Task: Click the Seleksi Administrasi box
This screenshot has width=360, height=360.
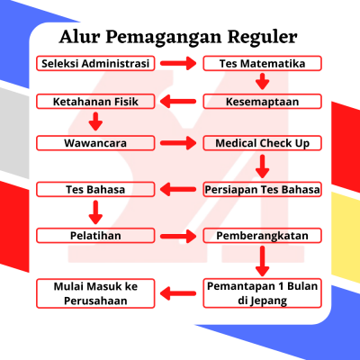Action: coord(95,63)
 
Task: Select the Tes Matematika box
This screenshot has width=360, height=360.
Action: coord(262,63)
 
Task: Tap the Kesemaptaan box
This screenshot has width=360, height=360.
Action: coord(262,102)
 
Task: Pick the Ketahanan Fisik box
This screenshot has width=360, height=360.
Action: coord(95,102)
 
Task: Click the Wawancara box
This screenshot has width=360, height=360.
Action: coord(95,143)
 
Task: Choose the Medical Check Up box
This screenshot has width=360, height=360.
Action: coord(262,143)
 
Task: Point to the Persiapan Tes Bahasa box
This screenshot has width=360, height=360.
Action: coord(262,189)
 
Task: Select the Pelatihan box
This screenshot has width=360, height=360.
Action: coord(95,236)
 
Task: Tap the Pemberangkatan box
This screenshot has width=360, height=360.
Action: coord(262,236)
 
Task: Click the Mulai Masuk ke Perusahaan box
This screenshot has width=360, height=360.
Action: coord(95,293)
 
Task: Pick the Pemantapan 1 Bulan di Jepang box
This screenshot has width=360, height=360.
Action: coord(262,293)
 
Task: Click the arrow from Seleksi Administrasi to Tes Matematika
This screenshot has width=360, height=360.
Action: coord(178,63)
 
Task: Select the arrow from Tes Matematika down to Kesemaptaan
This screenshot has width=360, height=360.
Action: coord(262,82)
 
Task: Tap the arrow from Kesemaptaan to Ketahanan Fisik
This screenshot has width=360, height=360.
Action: coord(178,102)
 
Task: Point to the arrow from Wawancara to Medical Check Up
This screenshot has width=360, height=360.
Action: coord(178,143)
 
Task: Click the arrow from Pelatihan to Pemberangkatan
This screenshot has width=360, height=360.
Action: coord(178,236)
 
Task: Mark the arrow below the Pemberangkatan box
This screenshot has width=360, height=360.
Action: coord(262,261)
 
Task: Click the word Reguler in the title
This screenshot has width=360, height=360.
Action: coord(262,37)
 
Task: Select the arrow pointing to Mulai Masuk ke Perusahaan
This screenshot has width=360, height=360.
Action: coord(178,293)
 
